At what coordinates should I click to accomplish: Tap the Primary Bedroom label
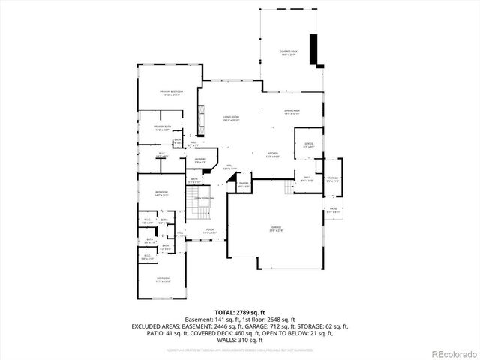click(171, 93)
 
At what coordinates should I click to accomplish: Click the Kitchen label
click(272, 155)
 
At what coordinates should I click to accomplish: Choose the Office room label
click(308, 145)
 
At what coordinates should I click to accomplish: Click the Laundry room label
click(201, 160)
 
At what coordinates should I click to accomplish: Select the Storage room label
click(332, 179)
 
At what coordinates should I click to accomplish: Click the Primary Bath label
click(163, 128)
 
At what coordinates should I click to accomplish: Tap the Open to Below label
click(205, 198)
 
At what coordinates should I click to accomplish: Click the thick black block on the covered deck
click(314, 49)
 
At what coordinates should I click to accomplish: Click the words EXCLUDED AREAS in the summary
click(157, 326)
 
